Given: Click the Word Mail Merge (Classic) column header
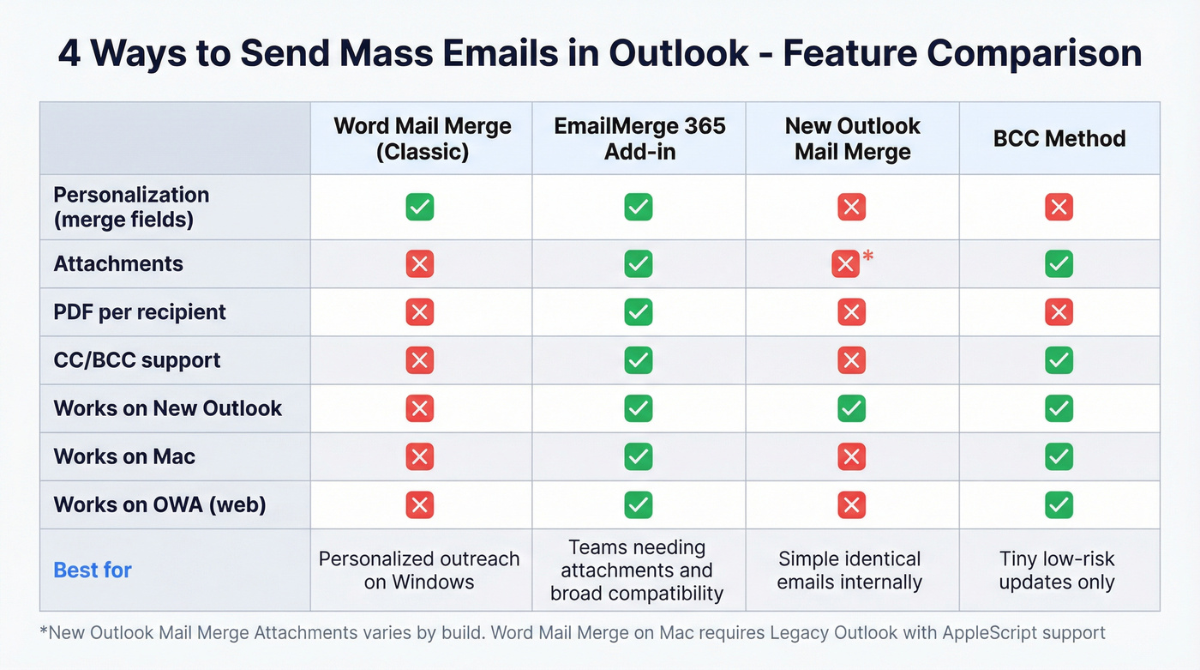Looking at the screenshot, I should tap(422, 138).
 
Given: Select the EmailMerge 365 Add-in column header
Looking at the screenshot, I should tap(639, 138).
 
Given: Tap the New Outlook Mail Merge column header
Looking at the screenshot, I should tap(852, 138).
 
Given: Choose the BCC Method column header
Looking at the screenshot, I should tap(1059, 139).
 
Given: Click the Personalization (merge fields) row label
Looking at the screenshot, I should tap(131, 207).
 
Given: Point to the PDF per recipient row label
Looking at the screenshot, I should tap(140, 312).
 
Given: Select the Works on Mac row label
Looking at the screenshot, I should tap(124, 456).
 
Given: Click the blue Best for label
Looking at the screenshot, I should tap(93, 570).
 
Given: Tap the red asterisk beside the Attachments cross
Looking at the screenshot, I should tap(867, 256).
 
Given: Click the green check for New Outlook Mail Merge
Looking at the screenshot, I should tap(851, 409).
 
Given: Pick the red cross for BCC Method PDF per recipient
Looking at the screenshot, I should tap(1059, 312).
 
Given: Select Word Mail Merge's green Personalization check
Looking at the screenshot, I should tap(419, 207).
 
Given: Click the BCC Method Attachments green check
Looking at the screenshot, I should tap(1059, 264).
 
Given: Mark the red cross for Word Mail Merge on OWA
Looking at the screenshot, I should tap(419, 505).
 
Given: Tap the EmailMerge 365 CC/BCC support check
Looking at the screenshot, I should tap(638, 360).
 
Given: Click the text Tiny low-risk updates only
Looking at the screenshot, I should tap(1057, 570).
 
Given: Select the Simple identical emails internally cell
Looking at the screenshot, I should tap(850, 570).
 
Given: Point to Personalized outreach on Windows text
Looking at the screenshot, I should tap(419, 570).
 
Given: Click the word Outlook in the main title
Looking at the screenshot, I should tap(678, 53).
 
